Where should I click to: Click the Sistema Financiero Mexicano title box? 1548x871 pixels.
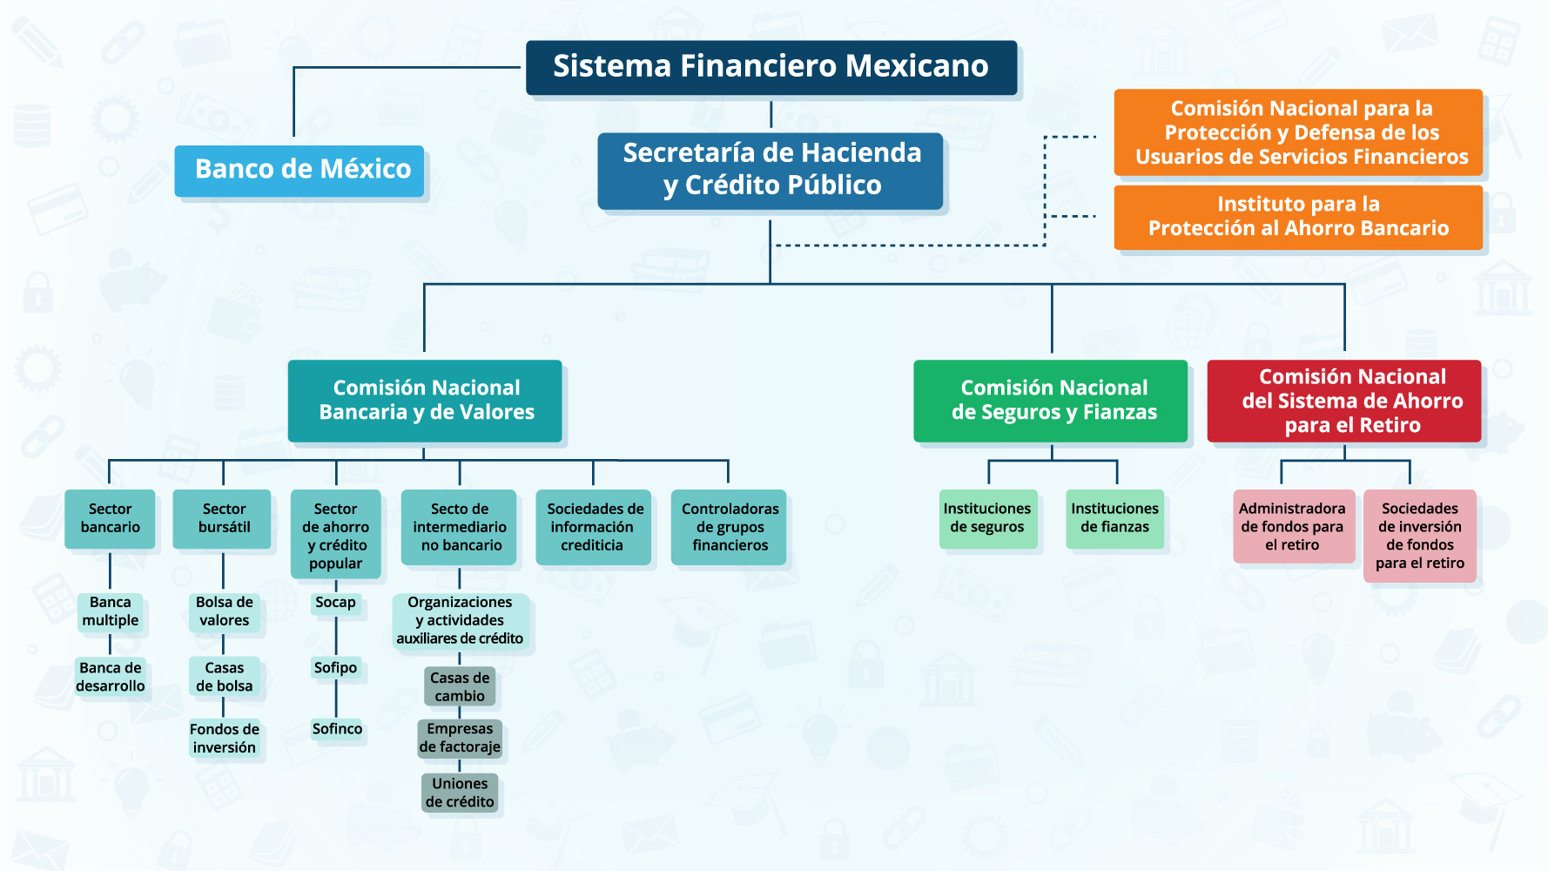[771, 67]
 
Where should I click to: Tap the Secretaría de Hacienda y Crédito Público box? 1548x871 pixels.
[771, 170]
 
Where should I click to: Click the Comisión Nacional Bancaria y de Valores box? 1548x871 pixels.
[425, 401]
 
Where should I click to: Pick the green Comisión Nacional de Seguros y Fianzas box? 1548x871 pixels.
[1051, 401]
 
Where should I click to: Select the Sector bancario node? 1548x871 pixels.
[110, 519]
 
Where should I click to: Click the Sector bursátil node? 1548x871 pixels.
[223, 519]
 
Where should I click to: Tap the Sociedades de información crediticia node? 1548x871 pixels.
[593, 527]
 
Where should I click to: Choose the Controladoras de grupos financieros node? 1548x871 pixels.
[729, 527]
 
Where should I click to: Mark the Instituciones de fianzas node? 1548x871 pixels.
[1114, 518]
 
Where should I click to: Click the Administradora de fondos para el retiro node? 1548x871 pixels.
[1293, 527]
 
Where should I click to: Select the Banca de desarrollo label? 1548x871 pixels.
[111, 677]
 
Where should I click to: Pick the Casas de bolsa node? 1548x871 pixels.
[224, 677]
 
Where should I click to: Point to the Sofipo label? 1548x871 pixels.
[335, 668]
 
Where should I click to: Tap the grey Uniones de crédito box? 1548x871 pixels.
[460, 793]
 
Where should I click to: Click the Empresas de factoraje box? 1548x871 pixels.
[460, 738]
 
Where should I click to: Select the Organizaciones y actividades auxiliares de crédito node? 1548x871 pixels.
[460, 620]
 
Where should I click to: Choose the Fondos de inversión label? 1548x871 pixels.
[225, 739]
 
